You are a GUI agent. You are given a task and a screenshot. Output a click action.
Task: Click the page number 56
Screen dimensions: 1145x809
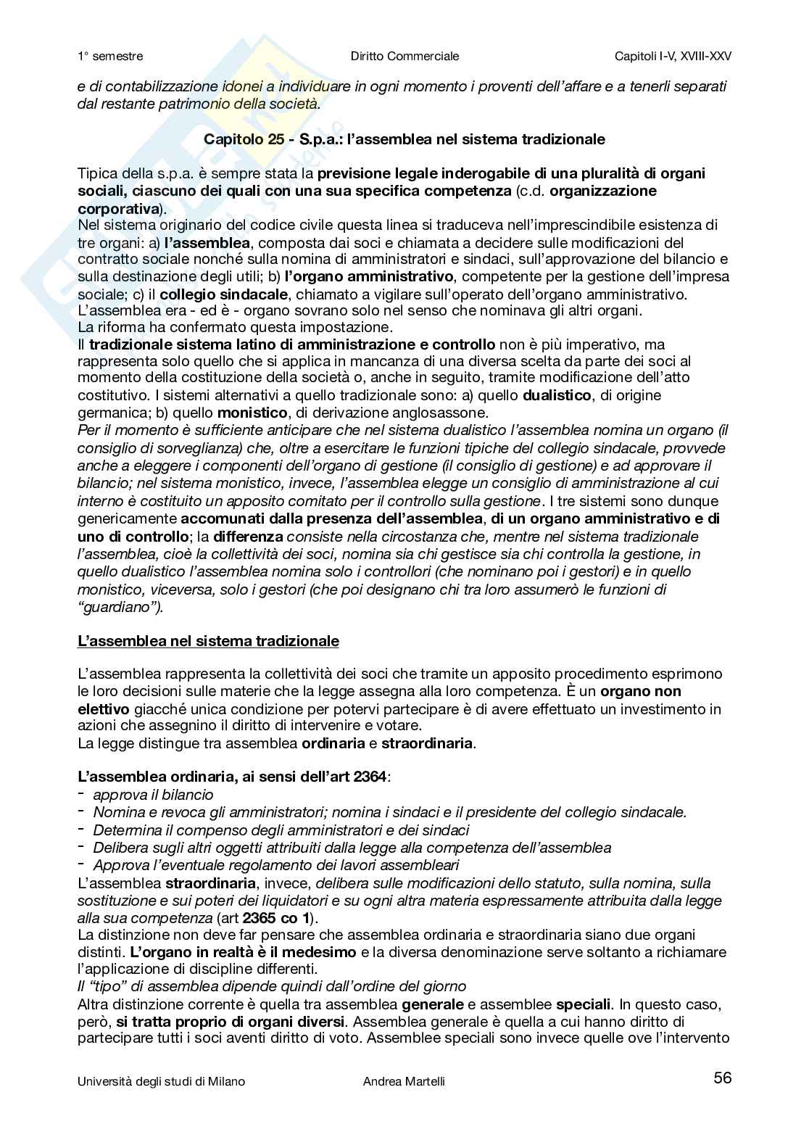(722, 1078)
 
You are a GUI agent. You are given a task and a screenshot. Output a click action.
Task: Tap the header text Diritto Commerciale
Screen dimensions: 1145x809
(404, 56)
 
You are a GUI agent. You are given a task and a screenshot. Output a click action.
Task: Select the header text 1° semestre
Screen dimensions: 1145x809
(110, 56)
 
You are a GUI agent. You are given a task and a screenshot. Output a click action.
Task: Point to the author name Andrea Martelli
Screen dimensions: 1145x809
(404, 1081)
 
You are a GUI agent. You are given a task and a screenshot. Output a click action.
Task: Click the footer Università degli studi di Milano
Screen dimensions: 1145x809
(161, 1081)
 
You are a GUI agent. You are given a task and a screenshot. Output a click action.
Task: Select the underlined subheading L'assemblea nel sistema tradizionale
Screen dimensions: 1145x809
(208, 641)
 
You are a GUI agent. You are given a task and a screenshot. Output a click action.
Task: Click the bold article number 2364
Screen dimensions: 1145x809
(370, 777)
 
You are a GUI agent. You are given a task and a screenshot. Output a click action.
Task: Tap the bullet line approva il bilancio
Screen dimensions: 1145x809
(153, 795)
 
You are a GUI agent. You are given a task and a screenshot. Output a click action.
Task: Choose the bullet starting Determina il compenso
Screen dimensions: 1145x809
(281, 830)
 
